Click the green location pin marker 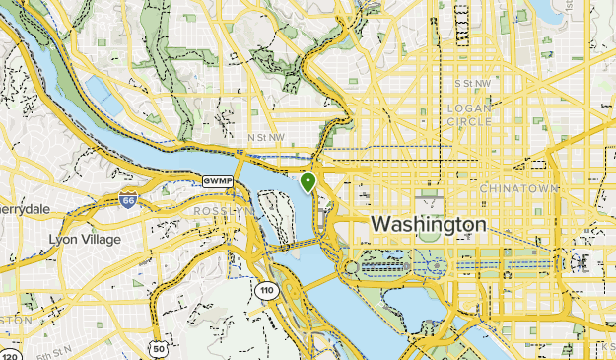coord(308,182)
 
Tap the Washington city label coord(428,225)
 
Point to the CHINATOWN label coord(518,187)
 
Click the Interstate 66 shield coord(127,200)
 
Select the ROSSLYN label coord(223,211)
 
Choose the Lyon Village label coord(85,239)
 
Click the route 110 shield coord(266,291)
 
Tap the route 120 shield coord(10,354)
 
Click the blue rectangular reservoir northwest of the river coord(104,95)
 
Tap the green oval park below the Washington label coord(428,233)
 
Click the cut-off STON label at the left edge coord(15,320)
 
